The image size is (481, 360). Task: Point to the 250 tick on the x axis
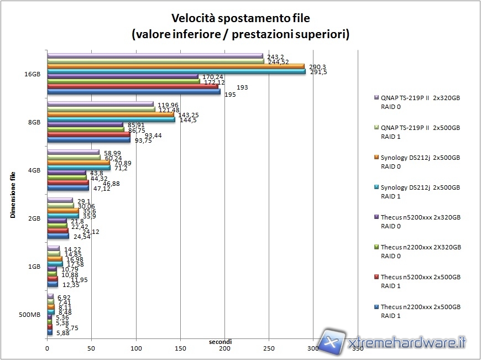[268, 348]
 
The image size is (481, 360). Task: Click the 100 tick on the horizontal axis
[136, 348]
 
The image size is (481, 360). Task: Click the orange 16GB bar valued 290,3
[176, 66]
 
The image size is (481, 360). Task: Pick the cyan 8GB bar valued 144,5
[111, 119]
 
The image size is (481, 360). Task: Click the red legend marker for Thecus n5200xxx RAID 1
[377, 277]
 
